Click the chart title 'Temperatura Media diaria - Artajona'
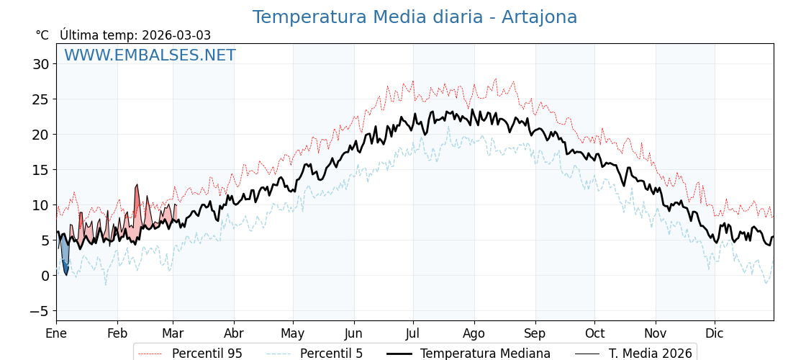click(x=415, y=17)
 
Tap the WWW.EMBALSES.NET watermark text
click(x=150, y=55)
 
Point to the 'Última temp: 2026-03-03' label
click(x=135, y=35)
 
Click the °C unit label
click(x=42, y=35)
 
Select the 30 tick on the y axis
click(x=40, y=64)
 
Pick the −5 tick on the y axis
click(x=37, y=311)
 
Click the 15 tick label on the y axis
click(x=40, y=170)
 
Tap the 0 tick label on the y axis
click(x=45, y=276)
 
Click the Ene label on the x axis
click(x=56, y=333)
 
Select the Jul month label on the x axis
click(x=413, y=333)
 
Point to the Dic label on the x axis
click(x=715, y=333)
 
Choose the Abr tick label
click(x=234, y=333)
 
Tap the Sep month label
click(x=535, y=333)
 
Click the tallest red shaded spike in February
click(x=137, y=205)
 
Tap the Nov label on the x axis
click(x=656, y=333)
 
